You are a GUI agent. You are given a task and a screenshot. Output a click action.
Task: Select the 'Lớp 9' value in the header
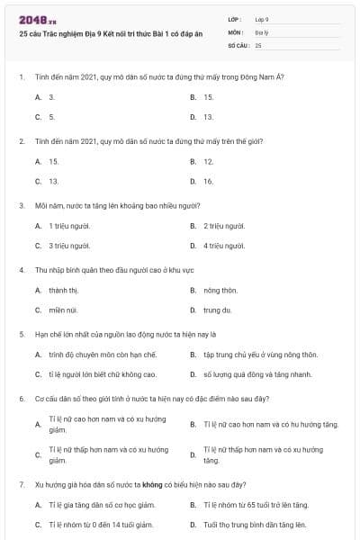(x=262, y=19)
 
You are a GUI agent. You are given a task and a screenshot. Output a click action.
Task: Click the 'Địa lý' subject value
(x=261, y=31)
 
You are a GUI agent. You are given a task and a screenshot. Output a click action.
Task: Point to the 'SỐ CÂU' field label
(x=238, y=44)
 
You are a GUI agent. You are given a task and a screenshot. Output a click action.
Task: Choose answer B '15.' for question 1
(x=208, y=97)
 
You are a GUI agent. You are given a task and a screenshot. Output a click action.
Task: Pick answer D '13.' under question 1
(x=208, y=117)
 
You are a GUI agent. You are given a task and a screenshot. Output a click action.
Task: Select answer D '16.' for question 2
(x=208, y=182)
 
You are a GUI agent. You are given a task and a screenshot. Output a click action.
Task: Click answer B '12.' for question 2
(x=208, y=162)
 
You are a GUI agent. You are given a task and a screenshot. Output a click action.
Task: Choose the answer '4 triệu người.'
(x=224, y=246)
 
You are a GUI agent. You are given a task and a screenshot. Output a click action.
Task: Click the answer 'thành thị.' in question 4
(x=64, y=291)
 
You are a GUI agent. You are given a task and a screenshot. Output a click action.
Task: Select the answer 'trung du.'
(x=218, y=310)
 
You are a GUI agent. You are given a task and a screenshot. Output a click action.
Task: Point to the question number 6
(x=21, y=399)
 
